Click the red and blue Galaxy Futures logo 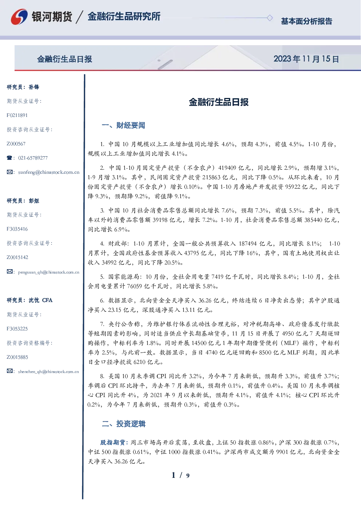(x=19, y=17)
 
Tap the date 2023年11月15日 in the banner (x=306, y=59)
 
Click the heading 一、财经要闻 (x=123, y=125)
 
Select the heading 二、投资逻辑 (x=123, y=424)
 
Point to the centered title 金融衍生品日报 (x=219, y=102)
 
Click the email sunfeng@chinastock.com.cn (x=49, y=172)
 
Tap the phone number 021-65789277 (x=33, y=158)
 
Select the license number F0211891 (x=17, y=115)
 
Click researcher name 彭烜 (x=34, y=201)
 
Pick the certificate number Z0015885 (x=17, y=357)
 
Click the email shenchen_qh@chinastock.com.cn (x=48, y=372)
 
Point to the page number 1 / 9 (x=180, y=475)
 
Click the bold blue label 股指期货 (x=112, y=442)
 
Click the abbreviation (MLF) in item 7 (x=290, y=343)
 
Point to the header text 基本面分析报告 (x=306, y=21)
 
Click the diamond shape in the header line (x=270, y=18)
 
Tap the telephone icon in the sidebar (x=9, y=158)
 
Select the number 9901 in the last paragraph (x=282, y=452)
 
